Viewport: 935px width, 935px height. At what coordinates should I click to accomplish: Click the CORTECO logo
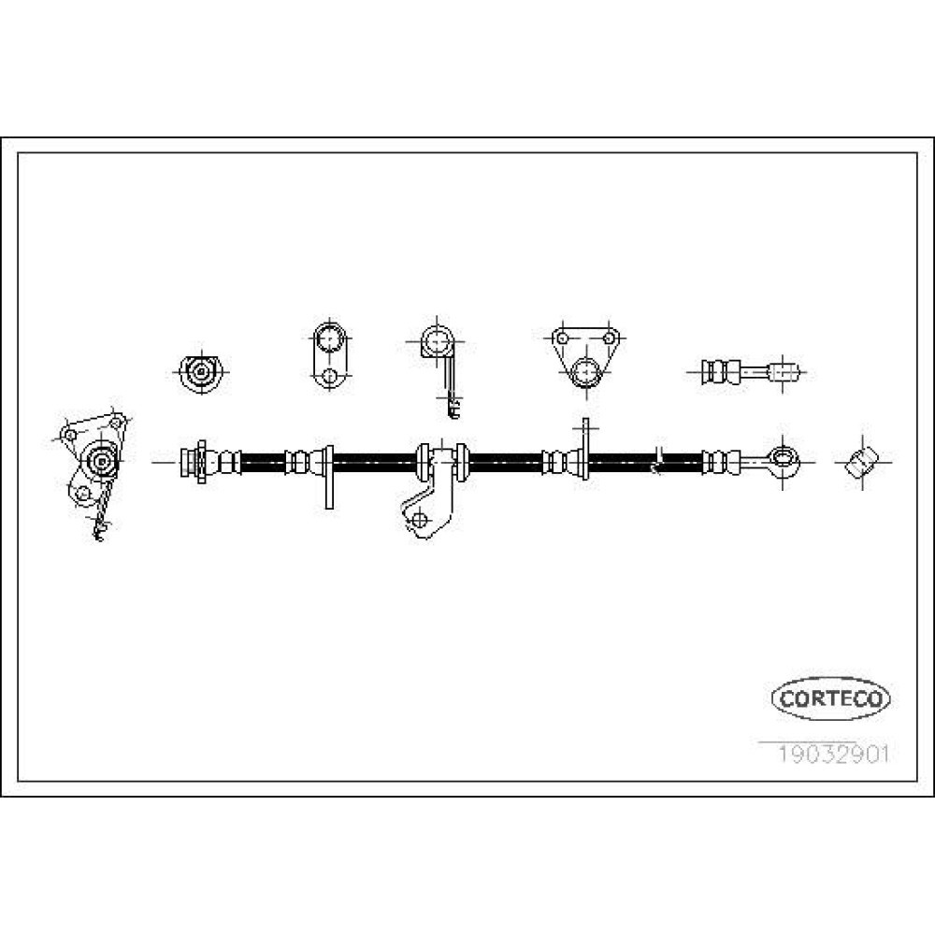point(830,698)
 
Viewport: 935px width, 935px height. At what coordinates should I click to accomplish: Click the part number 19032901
point(832,754)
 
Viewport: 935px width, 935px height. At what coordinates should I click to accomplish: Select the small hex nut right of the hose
point(862,461)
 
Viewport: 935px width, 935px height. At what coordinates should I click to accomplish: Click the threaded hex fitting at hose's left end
point(195,462)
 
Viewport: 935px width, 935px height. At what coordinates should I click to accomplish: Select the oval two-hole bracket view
point(329,356)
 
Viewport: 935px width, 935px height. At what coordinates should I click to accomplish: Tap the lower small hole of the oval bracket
point(329,376)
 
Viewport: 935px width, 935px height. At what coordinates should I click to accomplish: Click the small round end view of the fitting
point(201,372)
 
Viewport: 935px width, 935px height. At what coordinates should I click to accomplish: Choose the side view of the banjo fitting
point(750,373)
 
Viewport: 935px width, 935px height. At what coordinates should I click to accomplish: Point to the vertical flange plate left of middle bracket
point(329,477)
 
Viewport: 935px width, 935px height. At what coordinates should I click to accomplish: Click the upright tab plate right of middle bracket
point(585,446)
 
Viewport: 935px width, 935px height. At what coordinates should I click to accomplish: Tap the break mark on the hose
point(657,460)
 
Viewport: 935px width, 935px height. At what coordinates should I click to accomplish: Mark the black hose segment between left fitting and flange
point(263,462)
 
